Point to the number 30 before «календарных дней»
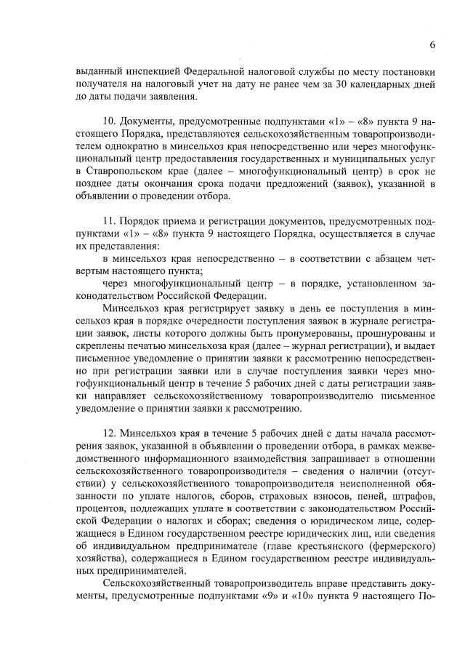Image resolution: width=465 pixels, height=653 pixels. point(310,84)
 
